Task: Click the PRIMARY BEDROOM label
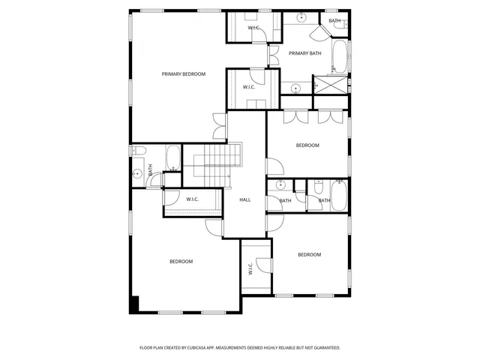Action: tap(183, 74)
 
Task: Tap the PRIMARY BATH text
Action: tap(305, 53)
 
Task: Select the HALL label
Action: tap(244, 200)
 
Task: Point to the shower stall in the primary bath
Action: tap(331, 85)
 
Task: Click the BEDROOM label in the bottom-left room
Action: tap(181, 262)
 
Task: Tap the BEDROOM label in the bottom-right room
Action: tap(309, 255)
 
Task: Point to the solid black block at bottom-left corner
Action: tap(135, 304)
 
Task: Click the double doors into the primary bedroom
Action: tap(219, 126)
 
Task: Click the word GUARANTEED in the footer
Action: tap(323, 348)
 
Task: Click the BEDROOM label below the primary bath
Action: tap(307, 145)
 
